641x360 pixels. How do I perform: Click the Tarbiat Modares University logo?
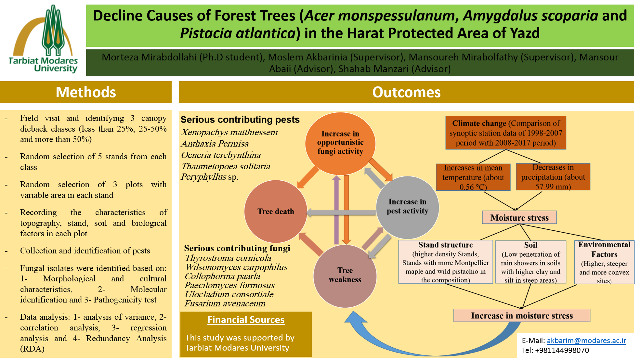[43, 39]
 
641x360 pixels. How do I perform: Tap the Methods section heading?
[86, 92]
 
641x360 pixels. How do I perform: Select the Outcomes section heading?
[406, 92]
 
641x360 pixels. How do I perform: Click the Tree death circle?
[276, 212]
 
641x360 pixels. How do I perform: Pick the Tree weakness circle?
[345, 276]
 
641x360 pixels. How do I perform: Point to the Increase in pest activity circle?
[407, 207]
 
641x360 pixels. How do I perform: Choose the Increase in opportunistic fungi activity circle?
[340, 143]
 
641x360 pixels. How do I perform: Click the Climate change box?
[505, 133]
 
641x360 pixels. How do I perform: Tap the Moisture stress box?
[519, 217]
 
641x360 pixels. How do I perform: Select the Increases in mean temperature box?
[473, 177]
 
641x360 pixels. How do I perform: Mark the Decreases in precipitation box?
[553, 177]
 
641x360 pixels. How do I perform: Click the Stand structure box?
[445, 262]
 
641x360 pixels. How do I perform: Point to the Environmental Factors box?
[604, 262]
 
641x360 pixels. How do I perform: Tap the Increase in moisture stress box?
[522, 315]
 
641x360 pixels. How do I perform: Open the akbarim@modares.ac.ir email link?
[586, 341]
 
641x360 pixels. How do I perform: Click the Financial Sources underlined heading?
[246, 320]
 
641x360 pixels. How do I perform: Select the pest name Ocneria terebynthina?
[221, 155]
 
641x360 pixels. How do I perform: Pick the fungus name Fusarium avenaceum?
[225, 303]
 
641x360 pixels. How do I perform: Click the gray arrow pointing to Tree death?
[341, 213]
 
